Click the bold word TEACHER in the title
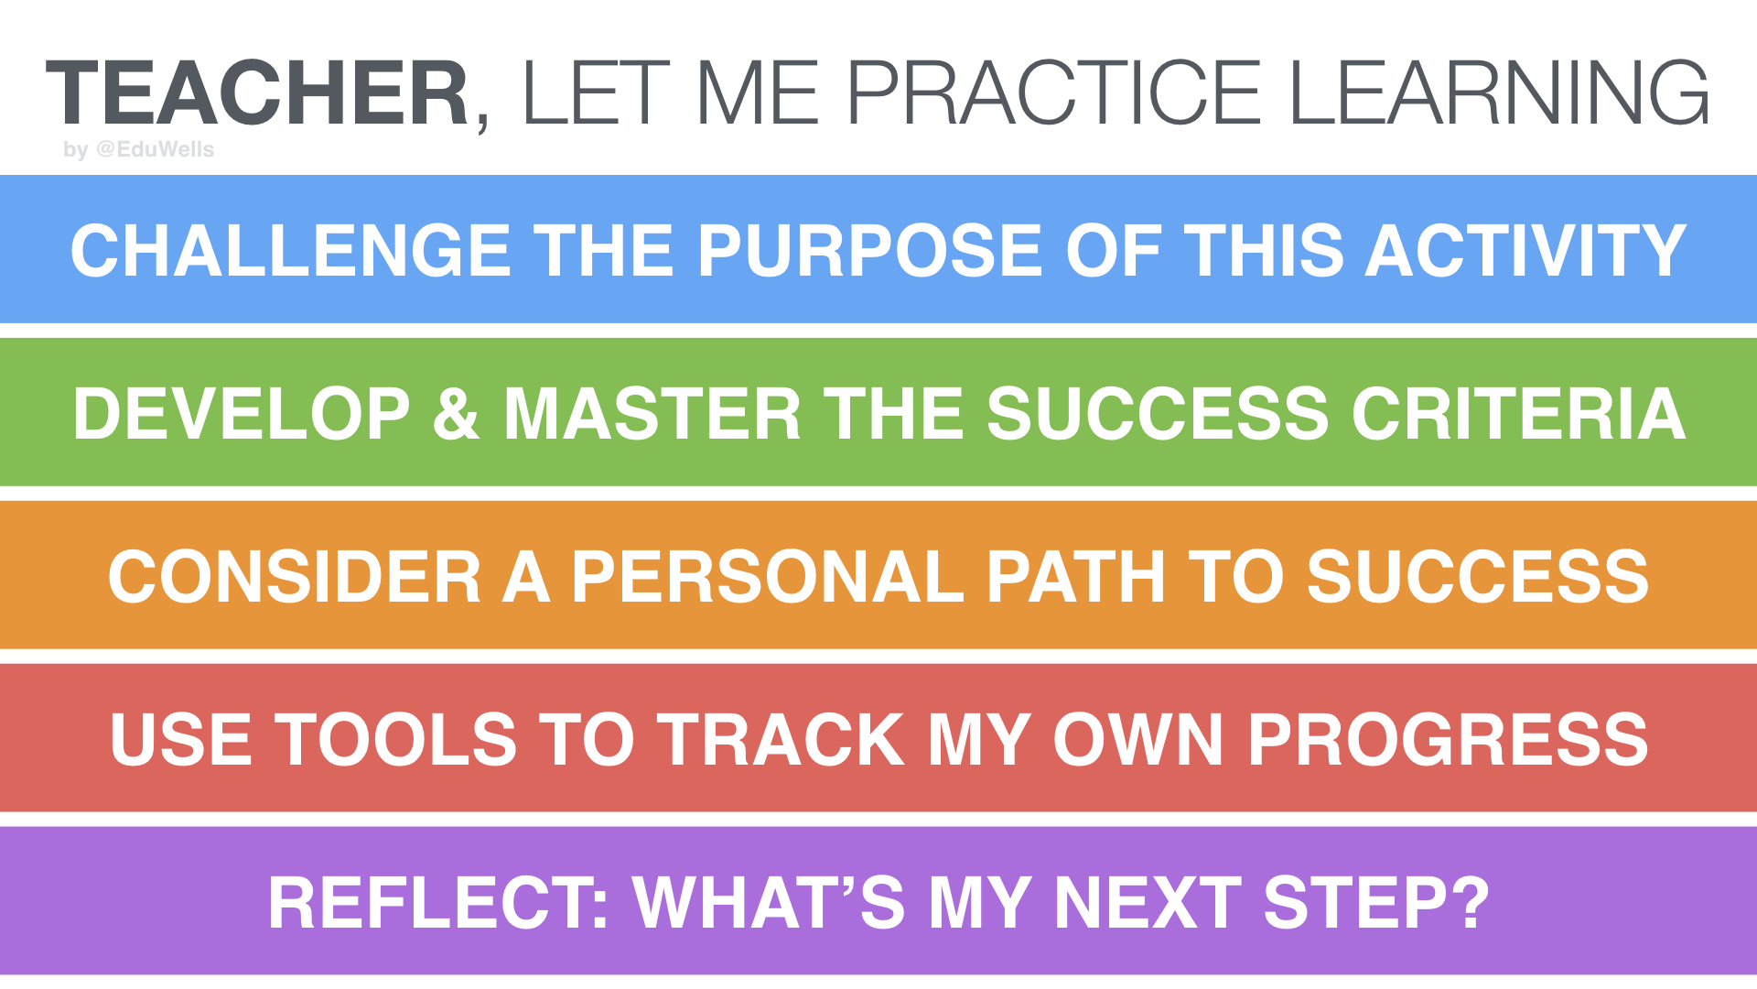pos(258,93)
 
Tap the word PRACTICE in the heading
pos(1052,93)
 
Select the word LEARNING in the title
pos(1498,93)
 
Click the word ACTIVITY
pos(1525,251)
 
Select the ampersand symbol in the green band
pos(456,414)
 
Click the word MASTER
pos(652,414)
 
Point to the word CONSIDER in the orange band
pos(294,577)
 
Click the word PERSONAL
pos(767,577)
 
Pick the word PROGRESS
pos(1448,740)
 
